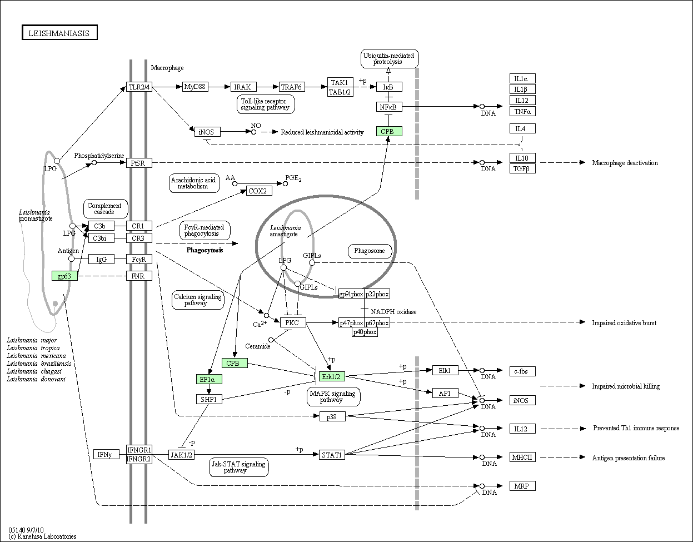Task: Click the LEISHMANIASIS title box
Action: pyautogui.click(x=59, y=33)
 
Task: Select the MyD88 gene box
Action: pyautogui.click(x=195, y=87)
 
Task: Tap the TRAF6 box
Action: pyautogui.click(x=292, y=87)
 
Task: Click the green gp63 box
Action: pyautogui.click(x=64, y=276)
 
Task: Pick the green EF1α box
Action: pyautogui.click(x=209, y=379)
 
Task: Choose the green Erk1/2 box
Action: pyautogui.click(x=332, y=377)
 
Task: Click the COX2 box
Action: pyautogui.click(x=260, y=191)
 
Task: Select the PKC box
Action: pyautogui.click(x=293, y=322)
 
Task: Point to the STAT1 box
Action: pyautogui.click(x=332, y=455)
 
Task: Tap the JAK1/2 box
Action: pyautogui.click(x=181, y=455)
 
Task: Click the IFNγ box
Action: pyautogui.click(x=106, y=454)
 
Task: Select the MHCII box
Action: pyautogui.click(x=522, y=457)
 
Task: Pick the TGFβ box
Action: pyautogui.click(x=522, y=168)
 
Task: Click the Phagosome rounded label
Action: pyautogui.click(x=370, y=251)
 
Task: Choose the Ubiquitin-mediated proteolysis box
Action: pyautogui.click(x=390, y=58)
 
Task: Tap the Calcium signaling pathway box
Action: pyautogui.click(x=198, y=300)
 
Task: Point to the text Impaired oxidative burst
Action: pyautogui.click(x=624, y=323)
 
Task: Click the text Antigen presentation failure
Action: pyautogui.click(x=629, y=458)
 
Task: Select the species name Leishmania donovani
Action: pyautogui.click(x=36, y=379)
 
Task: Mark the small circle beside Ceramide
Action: pyautogui.click(x=271, y=340)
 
